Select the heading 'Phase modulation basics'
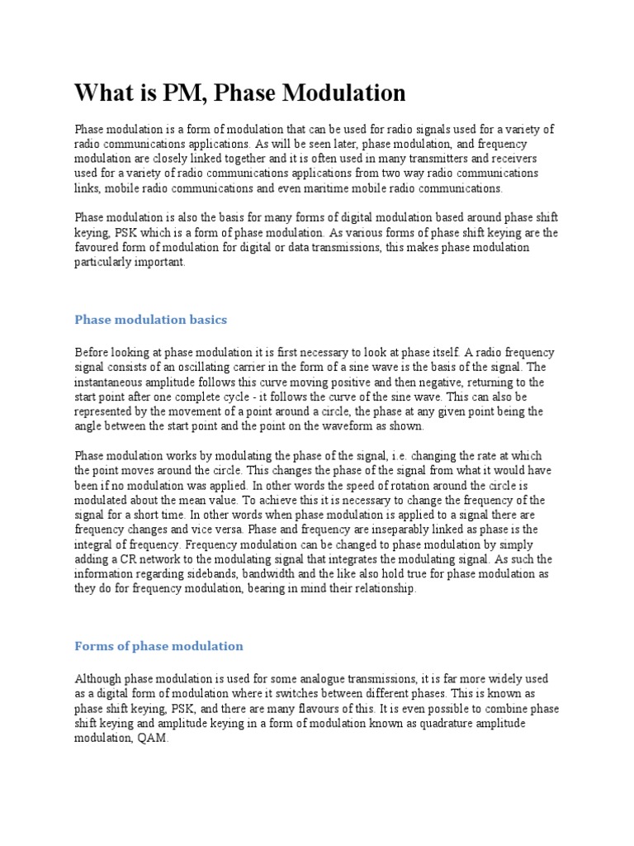(x=150, y=319)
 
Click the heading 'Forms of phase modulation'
(x=158, y=645)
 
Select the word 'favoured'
(x=97, y=248)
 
